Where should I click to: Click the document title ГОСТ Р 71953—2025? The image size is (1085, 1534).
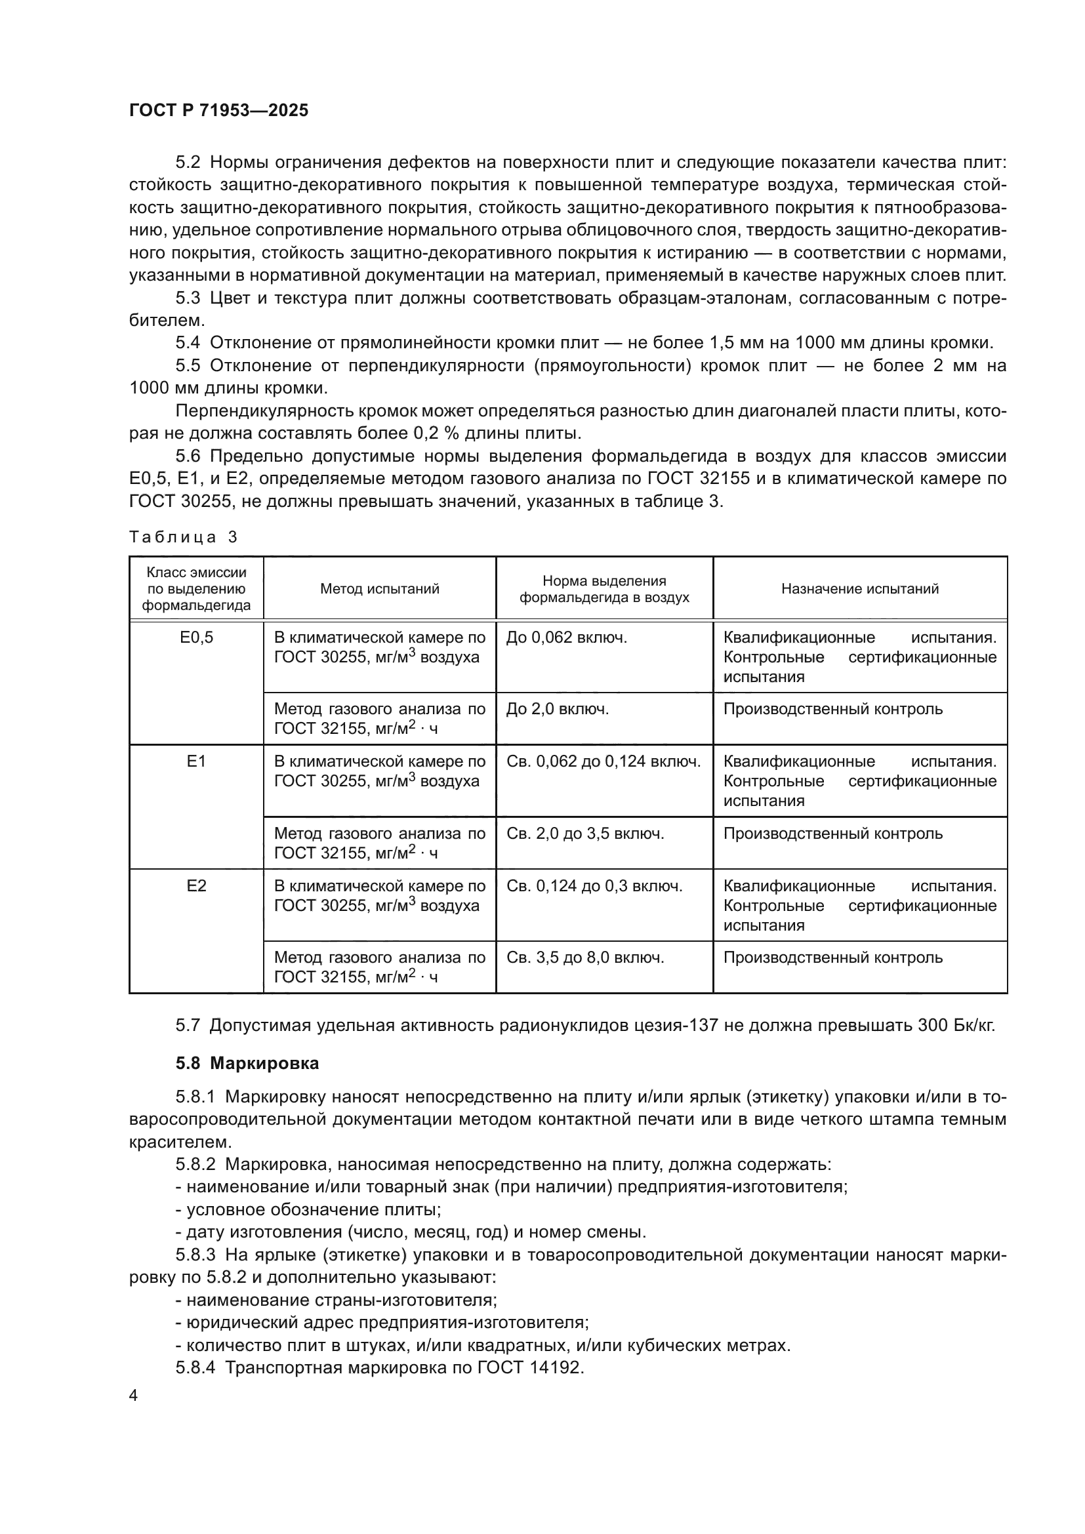pos(218,111)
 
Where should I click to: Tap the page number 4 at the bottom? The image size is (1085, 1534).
pos(134,1396)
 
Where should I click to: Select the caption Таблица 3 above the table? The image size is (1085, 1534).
pos(183,537)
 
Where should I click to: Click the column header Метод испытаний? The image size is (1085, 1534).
pos(379,588)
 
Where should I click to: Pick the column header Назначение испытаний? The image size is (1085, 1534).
pos(860,588)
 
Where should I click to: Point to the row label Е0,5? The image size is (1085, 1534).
pos(196,637)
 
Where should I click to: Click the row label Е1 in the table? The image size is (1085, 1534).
pos(196,761)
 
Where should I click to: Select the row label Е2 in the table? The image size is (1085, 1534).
pos(196,886)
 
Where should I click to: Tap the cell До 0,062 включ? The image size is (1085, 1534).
pos(567,637)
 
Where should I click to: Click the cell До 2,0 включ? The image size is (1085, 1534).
pos(557,709)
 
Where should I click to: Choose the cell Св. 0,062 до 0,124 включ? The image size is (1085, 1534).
pos(604,761)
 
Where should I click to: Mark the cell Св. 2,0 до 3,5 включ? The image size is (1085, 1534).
pos(585,834)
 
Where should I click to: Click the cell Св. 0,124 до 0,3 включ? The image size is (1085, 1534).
pos(594,886)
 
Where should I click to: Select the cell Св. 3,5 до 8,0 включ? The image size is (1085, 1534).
pos(585,958)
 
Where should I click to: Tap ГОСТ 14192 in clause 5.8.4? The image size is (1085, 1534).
pos(531,1367)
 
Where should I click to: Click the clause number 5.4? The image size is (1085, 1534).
pos(188,344)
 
